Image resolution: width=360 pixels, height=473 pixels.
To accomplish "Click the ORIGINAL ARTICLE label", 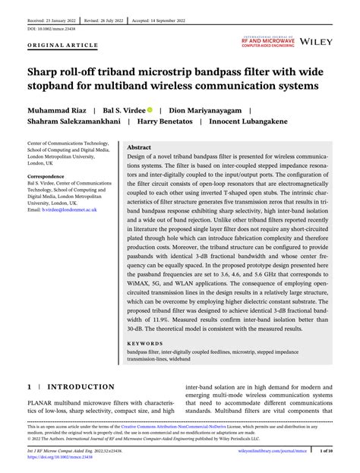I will (62, 46).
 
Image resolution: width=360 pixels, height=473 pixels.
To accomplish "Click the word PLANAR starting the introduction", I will (43, 402).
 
